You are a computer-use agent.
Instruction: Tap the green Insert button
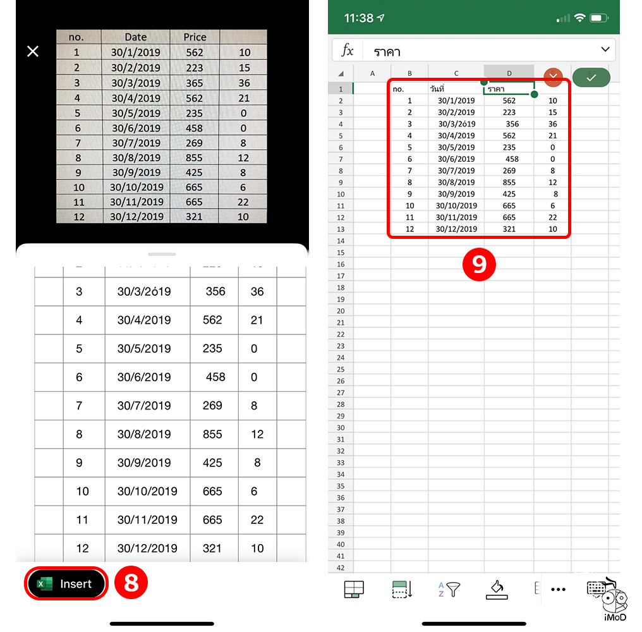point(66,584)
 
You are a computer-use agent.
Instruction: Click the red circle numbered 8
point(131,583)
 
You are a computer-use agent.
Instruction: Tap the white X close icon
point(33,51)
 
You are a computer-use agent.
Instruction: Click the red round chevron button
point(554,76)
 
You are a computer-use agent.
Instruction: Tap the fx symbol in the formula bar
point(348,51)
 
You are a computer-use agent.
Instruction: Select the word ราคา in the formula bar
point(387,51)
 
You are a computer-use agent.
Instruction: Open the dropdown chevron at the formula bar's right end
point(605,50)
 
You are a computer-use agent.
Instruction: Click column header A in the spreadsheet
point(372,74)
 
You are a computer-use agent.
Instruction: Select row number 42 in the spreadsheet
point(341,568)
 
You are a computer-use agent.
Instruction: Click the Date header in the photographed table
point(136,37)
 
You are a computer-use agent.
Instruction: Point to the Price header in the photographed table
point(195,37)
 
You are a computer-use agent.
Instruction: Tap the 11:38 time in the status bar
point(359,18)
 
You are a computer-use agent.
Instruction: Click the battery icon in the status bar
point(599,18)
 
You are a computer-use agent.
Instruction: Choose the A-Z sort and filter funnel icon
point(449,590)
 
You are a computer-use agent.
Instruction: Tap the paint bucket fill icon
point(497,589)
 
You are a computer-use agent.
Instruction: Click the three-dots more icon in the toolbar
point(558,590)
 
